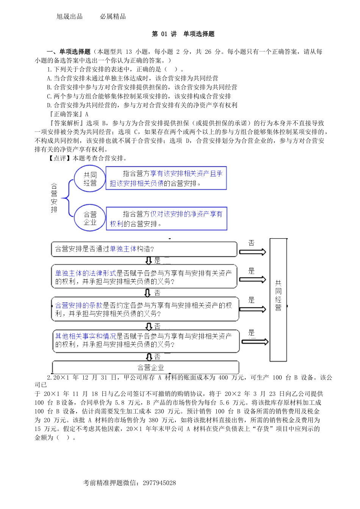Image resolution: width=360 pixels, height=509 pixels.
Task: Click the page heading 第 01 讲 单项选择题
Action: coord(183,34)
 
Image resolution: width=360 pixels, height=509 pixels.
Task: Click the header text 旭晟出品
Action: coord(69,17)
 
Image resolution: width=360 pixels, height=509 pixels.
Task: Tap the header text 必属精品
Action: coord(113,17)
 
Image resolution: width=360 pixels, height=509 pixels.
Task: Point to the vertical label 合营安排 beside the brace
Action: coord(54,198)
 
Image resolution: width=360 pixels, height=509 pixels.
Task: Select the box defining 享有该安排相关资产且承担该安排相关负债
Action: coord(166,178)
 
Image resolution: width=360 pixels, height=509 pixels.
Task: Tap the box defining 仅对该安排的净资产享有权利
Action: coord(166,219)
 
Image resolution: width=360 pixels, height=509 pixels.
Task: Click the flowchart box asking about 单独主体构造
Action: coord(144,249)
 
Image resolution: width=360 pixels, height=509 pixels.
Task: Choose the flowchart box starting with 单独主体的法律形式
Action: coord(144,277)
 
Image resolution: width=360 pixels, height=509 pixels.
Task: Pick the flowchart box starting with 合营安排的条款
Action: coord(145,309)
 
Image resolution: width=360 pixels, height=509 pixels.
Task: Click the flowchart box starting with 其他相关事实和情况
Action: coord(146,340)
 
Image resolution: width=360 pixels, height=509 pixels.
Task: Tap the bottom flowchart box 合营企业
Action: coord(146,367)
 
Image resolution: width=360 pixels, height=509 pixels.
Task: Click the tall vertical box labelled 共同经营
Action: coord(278,300)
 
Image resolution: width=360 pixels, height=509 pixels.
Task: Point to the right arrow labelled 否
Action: coord(252,251)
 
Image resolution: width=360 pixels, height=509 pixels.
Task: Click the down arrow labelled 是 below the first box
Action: coord(149,261)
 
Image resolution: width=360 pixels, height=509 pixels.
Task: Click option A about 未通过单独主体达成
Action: coord(132,78)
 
